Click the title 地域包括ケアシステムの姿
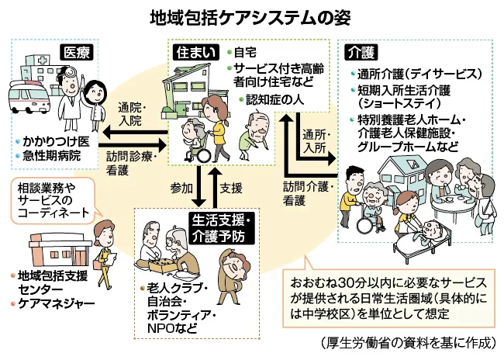click(253, 16)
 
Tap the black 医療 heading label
click(77, 53)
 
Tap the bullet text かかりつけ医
click(56, 144)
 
